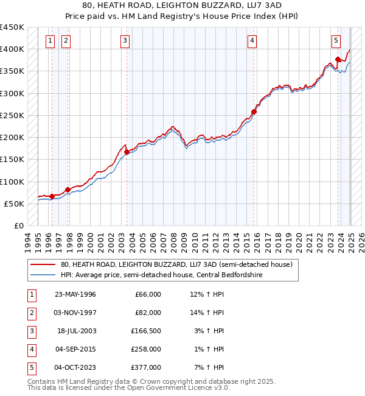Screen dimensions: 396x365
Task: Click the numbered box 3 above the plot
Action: coord(125,41)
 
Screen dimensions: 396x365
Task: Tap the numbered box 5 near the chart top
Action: coord(336,41)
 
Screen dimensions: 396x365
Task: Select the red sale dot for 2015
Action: coord(254,111)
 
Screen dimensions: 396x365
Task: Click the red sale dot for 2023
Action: coord(338,60)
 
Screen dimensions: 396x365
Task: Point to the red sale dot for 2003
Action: coord(127,152)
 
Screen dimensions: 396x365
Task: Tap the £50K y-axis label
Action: coord(15,203)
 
